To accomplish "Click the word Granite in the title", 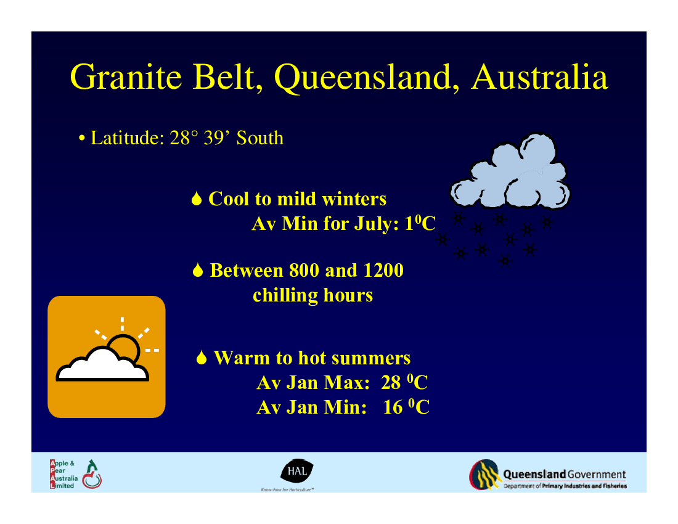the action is (126, 77).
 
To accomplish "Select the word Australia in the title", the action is (540, 77).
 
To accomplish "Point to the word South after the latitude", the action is (260, 138).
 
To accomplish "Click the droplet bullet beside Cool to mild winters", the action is (197, 199).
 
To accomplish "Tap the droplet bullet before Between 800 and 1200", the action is (198, 270).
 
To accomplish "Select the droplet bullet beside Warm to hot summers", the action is (202, 358).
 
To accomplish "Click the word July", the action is (376, 224).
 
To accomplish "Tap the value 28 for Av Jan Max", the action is (391, 383).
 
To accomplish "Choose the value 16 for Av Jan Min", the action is (393, 407).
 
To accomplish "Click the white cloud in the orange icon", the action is (102, 366).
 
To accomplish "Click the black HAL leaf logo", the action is (297, 470).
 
